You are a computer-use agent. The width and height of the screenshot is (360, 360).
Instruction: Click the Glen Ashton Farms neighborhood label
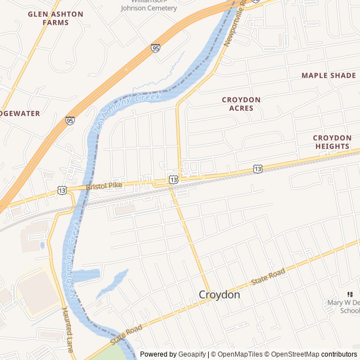pyautogui.click(x=55, y=18)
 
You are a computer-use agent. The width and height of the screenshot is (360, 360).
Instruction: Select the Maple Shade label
pyautogui.click(x=328, y=75)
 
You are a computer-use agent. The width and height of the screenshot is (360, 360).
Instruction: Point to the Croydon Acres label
pyautogui.click(x=241, y=103)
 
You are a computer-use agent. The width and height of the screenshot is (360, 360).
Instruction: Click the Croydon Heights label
pyautogui.click(x=332, y=142)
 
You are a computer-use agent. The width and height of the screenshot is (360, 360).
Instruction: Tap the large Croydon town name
pyautogui.click(x=219, y=295)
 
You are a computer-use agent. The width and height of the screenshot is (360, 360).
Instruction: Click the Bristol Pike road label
pyautogui.click(x=105, y=185)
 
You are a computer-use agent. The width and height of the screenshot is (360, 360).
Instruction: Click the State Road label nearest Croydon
pyautogui.click(x=268, y=276)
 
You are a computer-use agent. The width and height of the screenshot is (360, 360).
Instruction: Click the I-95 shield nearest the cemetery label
pyautogui.click(x=155, y=48)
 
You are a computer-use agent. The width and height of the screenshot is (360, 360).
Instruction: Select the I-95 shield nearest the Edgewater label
pyautogui.click(x=70, y=120)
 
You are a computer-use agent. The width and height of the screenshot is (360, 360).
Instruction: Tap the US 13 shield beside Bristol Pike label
pyautogui.click(x=62, y=191)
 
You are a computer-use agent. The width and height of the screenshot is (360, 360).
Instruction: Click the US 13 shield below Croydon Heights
pyautogui.click(x=258, y=168)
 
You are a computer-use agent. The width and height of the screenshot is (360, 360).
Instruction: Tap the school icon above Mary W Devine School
pyautogui.click(x=350, y=294)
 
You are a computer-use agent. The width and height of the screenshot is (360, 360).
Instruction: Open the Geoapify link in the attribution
pyautogui.click(x=192, y=354)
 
